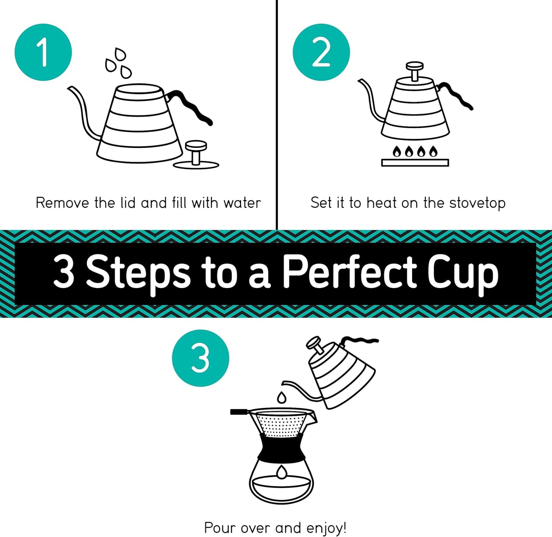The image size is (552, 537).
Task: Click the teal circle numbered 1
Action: [x=43, y=52]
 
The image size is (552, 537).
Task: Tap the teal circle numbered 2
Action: [x=321, y=52]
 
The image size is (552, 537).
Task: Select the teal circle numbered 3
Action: [x=201, y=358]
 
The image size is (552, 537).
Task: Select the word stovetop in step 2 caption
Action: [x=477, y=203]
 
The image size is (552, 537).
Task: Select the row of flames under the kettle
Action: [x=415, y=152]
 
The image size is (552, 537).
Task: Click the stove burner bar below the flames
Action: [x=415, y=163]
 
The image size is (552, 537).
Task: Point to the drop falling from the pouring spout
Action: [x=282, y=398]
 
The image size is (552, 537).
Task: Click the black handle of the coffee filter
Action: [x=240, y=412]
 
